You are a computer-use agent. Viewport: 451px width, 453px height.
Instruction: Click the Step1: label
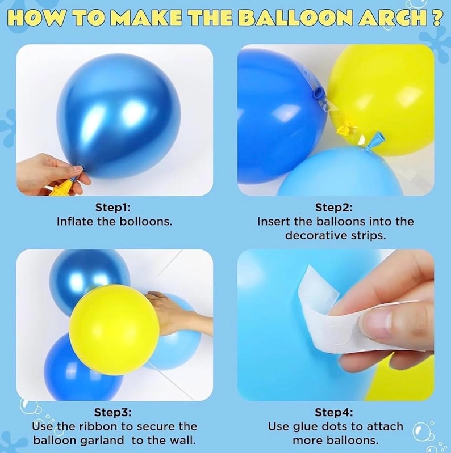113,208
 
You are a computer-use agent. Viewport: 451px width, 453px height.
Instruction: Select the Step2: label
334,208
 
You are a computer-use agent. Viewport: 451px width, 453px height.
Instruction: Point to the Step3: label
113,412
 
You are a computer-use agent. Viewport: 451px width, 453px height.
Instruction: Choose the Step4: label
334,412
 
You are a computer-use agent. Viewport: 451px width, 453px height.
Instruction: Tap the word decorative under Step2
316,236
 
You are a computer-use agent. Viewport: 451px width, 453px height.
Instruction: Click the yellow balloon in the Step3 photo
114,329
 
